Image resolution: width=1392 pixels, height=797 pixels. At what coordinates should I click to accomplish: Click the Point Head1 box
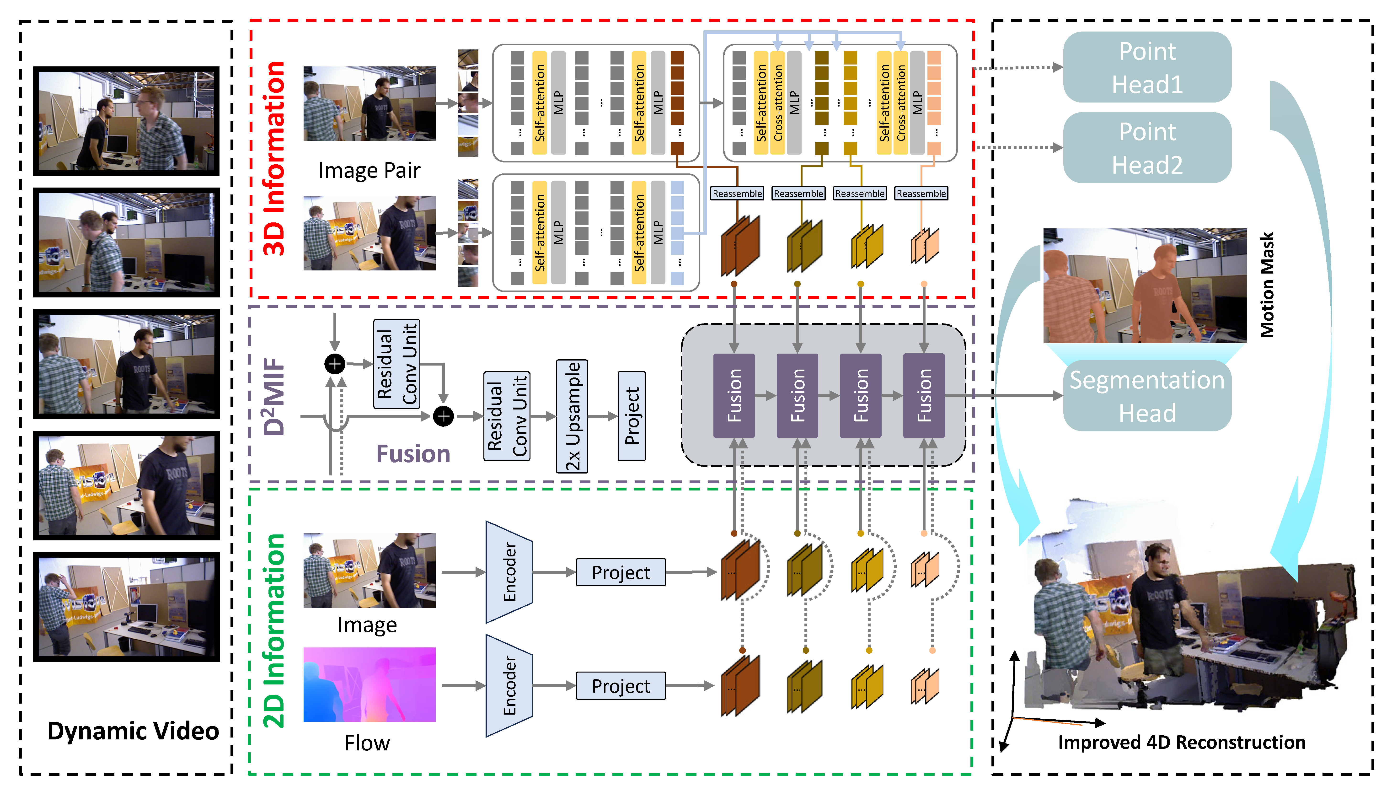tap(1147, 67)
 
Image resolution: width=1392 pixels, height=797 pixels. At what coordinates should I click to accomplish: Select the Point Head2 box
tap(1147, 148)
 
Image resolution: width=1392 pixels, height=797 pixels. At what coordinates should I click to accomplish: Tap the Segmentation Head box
tap(1147, 396)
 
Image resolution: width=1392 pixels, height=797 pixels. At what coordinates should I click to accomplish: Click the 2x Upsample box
tap(572, 416)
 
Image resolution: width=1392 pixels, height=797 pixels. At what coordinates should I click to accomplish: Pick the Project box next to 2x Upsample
tap(632, 416)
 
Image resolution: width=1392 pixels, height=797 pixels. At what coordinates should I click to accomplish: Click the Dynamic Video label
tap(133, 731)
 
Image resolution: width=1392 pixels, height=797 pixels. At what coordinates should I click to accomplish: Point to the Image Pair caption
tap(369, 170)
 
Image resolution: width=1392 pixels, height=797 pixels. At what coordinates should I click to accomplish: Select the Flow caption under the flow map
tap(367, 743)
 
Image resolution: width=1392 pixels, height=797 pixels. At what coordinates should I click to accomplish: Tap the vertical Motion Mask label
tap(1267, 285)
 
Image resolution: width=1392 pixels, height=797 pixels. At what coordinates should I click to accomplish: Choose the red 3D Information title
tap(275, 159)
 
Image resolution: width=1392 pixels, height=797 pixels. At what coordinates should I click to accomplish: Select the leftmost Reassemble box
tap(737, 193)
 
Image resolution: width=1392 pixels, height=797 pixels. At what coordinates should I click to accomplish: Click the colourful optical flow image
tap(369, 685)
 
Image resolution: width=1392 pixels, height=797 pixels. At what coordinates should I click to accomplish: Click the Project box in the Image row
tap(621, 572)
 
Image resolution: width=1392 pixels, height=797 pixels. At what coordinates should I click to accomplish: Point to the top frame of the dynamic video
tap(126, 121)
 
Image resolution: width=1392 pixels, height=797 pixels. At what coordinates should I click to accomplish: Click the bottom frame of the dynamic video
tap(126, 607)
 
